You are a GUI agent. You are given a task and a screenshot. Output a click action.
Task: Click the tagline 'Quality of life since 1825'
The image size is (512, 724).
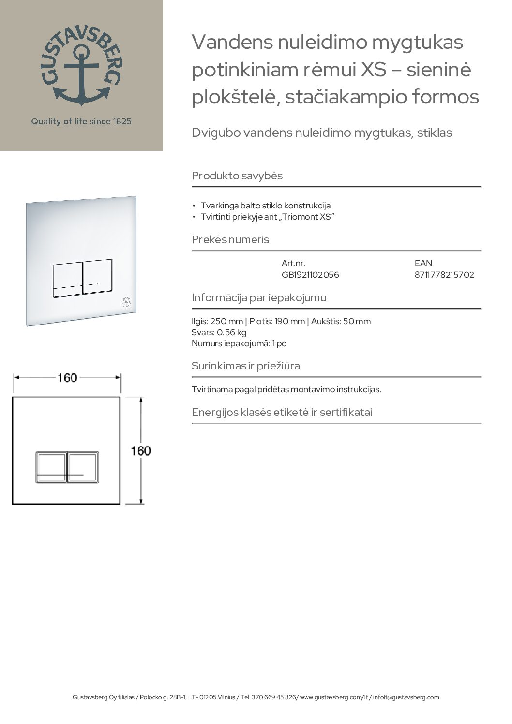tap(81, 121)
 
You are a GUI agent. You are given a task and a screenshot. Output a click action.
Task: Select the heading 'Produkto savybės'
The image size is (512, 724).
tap(237, 176)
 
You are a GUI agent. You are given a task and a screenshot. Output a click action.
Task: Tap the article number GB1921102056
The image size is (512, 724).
tap(310, 275)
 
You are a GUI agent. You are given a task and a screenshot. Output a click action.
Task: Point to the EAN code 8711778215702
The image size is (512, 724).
tap(444, 275)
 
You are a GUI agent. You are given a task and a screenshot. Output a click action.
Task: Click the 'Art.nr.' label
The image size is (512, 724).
tap(294, 263)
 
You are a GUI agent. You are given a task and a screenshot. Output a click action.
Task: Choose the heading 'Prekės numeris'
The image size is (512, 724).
tap(230, 239)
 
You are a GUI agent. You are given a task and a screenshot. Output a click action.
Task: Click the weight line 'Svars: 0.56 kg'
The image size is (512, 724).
tap(219, 332)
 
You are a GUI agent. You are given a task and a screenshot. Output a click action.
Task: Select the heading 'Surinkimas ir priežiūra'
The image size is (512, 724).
tap(246, 366)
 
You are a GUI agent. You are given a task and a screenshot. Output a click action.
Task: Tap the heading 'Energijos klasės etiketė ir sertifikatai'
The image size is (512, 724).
tap(282, 412)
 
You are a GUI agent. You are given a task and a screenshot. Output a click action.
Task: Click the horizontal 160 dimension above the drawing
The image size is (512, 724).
tap(67, 378)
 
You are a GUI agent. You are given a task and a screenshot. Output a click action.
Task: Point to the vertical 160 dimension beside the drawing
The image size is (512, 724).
tap(141, 451)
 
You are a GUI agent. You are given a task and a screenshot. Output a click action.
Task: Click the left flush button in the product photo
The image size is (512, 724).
tap(67, 277)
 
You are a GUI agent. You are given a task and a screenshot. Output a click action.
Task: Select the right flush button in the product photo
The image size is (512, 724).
tap(97, 277)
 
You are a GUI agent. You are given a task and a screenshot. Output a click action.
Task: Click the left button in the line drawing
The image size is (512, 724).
tap(51, 467)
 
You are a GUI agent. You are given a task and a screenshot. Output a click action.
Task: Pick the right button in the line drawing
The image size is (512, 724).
tap(83, 467)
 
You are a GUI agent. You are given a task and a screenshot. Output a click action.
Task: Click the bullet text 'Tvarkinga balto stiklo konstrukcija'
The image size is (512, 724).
tap(266, 206)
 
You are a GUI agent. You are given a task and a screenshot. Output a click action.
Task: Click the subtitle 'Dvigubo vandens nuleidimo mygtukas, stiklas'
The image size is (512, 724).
tap(322, 133)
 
